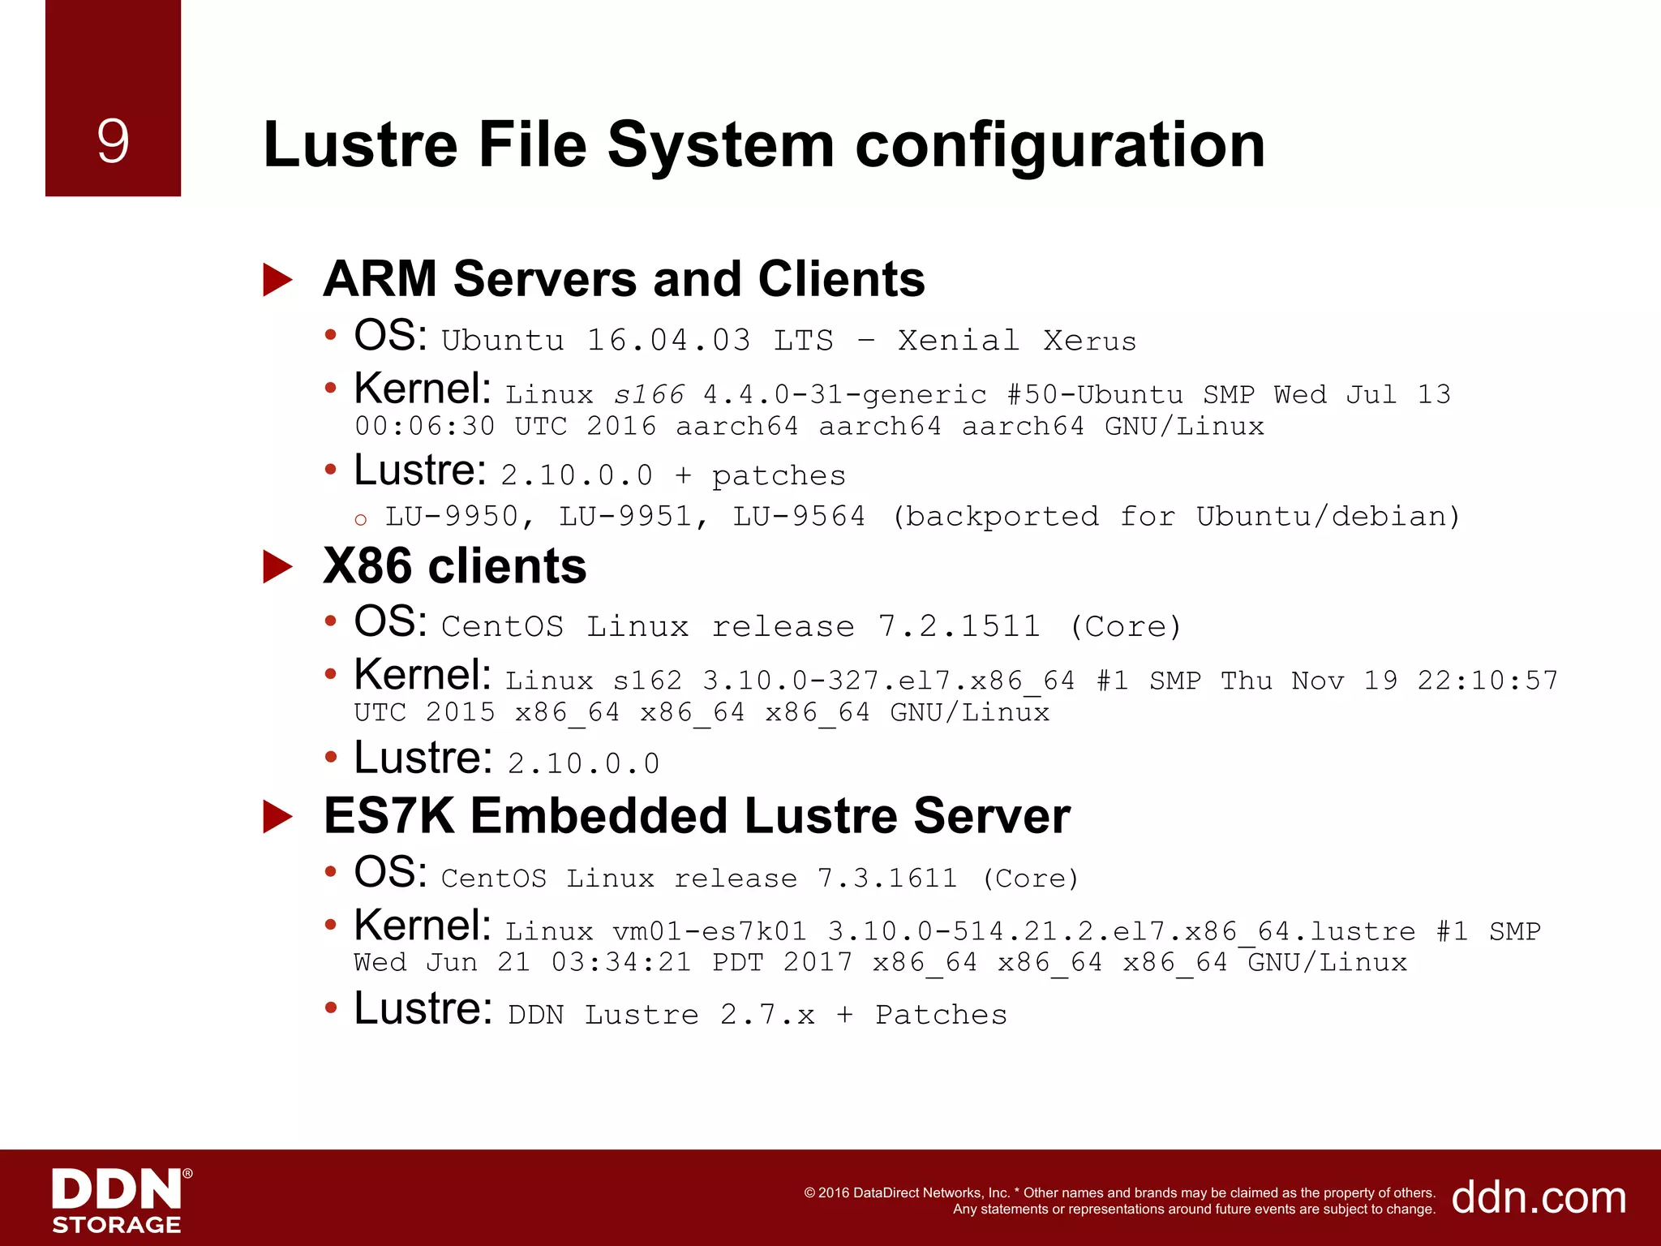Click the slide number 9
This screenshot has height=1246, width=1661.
(x=113, y=141)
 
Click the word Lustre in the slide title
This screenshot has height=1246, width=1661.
(x=360, y=145)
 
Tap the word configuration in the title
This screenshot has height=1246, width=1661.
(x=1060, y=147)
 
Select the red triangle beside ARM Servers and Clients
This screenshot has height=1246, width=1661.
(x=277, y=281)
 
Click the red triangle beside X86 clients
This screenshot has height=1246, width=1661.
(x=277, y=567)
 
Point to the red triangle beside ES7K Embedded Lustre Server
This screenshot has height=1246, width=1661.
(x=277, y=817)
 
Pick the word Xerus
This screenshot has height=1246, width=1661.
(x=1089, y=341)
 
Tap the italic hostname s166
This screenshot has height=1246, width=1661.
(x=648, y=395)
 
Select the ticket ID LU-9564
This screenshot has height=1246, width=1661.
(x=799, y=517)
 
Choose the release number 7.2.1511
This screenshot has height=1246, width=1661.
(x=959, y=626)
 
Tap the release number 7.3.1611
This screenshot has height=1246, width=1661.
(x=887, y=879)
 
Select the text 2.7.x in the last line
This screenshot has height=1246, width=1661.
(x=767, y=1015)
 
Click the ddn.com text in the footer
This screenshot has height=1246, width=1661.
(x=1539, y=1197)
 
